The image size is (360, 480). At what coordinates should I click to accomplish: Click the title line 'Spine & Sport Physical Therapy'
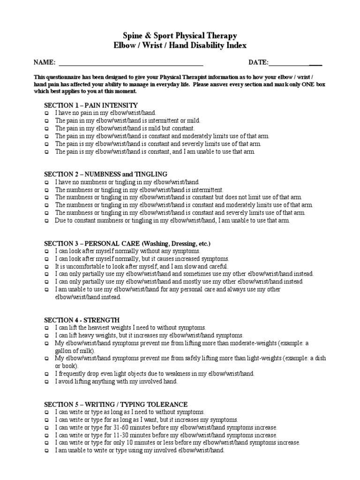[x=180, y=36]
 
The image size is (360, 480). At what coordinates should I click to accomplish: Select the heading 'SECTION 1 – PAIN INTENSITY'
[x=91, y=105]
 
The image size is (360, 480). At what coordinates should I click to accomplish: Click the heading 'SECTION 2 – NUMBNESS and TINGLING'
[x=105, y=174]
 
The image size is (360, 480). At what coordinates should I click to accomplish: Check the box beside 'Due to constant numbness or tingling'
[x=46, y=221]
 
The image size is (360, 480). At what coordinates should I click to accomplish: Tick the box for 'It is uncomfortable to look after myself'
[x=46, y=267]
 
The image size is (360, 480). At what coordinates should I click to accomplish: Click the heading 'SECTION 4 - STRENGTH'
[x=82, y=320]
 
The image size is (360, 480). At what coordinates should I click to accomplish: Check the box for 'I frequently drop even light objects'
[x=46, y=374]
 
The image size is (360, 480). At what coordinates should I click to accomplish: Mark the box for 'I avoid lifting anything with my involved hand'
[x=46, y=382]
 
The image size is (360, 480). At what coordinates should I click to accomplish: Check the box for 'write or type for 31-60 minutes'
[x=46, y=428]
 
